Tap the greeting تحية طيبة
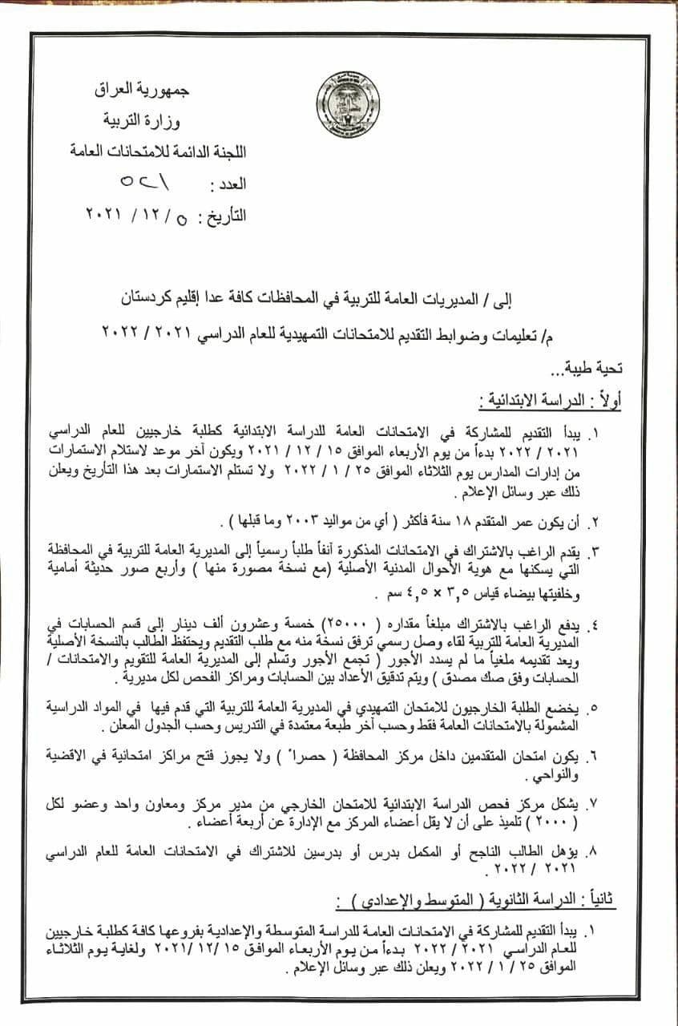coord(592,370)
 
